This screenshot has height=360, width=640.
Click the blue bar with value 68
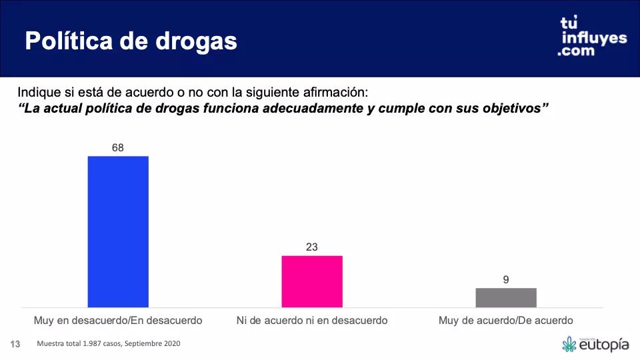tap(118, 231)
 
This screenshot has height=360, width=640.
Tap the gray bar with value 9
tap(506, 297)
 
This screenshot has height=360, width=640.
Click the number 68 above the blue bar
tap(118, 147)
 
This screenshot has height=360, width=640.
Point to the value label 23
tap(312, 247)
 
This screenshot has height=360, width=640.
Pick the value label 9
tap(506, 279)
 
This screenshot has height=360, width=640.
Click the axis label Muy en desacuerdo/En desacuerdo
tap(118, 321)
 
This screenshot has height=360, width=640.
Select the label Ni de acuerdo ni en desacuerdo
tap(312, 321)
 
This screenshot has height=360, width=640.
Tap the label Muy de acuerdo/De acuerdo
tap(506, 321)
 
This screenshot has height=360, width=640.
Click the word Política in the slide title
tap(67, 41)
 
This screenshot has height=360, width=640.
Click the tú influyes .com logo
tap(593, 37)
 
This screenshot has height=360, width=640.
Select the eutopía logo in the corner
tap(595, 344)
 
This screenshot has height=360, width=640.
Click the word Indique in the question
tap(38, 92)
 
